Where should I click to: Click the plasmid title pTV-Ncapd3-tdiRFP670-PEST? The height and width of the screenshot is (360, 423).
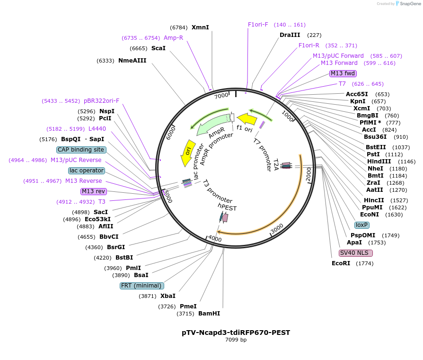tap(236, 333)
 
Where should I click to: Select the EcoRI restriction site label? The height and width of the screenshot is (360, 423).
tap(341, 263)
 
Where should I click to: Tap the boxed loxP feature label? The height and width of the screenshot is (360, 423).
tap(362, 225)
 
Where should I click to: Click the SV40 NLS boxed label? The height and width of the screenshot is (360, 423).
tap(356, 253)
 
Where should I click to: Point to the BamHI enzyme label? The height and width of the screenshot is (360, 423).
tap(209, 314)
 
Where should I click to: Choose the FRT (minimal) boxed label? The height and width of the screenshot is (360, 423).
tap(142, 286)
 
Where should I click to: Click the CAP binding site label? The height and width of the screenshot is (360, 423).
tap(81, 150)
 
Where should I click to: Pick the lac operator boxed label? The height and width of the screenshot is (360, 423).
tap(87, 171)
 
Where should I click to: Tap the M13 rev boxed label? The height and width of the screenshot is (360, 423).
tap(94, 191)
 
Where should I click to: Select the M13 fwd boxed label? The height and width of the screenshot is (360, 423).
tap(343, 73)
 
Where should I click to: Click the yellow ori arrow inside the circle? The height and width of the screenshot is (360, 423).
tap(188, 153)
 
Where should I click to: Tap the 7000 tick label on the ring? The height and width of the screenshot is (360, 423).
tap(221, 96)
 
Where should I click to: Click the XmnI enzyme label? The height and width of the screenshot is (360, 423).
tap(200, 27)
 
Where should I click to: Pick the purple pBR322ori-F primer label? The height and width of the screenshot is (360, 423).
tap(102, 101)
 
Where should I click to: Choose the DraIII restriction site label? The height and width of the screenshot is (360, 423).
tap(290, 35)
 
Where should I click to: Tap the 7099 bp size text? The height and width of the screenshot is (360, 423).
tap(236, 340)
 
